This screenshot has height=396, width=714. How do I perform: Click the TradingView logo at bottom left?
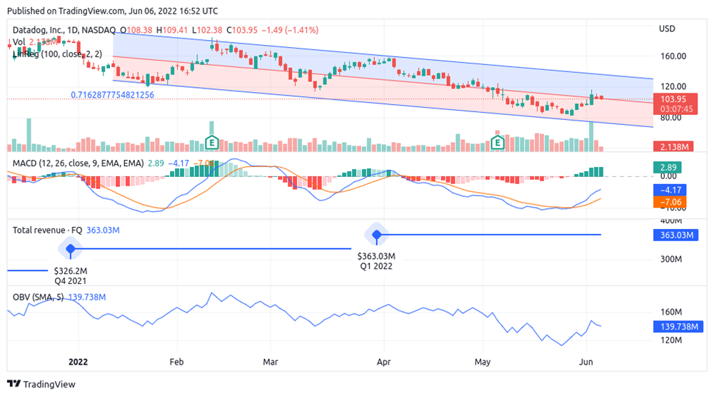(x=41, y=384)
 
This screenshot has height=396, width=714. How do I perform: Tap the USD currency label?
(x=666, y=29)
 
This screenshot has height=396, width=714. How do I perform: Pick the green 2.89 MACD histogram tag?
(x=668, y=166)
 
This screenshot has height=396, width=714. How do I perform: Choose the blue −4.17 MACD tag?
(x=672, y=191)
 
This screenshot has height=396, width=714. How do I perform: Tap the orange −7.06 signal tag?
(x=672, y=203)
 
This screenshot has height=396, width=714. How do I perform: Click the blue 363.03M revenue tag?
(x=673, y=235)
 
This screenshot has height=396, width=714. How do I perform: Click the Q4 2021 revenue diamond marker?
(x=70, y=249)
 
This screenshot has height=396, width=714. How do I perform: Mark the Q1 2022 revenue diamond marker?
(x=376, y=234)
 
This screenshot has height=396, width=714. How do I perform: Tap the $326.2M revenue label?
(x=71, y=271)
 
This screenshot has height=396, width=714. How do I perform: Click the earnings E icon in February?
(x=211, y=143)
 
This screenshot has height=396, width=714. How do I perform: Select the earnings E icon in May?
(x=498, y=143)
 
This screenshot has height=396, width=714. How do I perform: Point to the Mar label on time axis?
(x=270, y=361)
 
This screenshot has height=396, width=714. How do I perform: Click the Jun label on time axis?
(x=586, y=361)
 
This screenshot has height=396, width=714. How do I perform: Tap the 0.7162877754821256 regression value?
(x=112, y=94)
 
